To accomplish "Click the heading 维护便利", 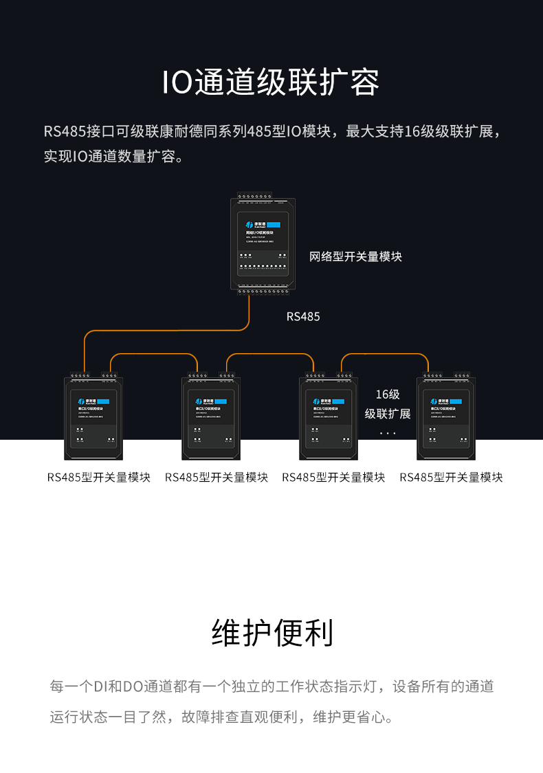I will (272, 632).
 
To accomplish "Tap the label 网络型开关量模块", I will (355, 256).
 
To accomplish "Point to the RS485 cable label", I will (303, 317).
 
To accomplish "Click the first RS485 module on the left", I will (93, 418).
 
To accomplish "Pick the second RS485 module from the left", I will (211, 418).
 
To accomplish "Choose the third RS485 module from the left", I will (329, 418).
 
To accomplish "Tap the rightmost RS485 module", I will (447, 418).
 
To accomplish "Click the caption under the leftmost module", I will (99, 477).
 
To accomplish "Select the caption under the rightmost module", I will (451, 477).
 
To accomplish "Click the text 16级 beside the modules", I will (388, 394).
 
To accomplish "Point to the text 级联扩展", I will (388, 414).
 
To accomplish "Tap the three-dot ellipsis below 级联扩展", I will (388, 434).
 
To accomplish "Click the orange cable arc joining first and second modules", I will (154, 354).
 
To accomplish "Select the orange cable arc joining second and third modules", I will (270, 354).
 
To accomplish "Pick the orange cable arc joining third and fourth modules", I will (385, 354).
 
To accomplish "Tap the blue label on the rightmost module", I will (458, 401).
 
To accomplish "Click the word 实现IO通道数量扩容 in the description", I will (113, 156).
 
